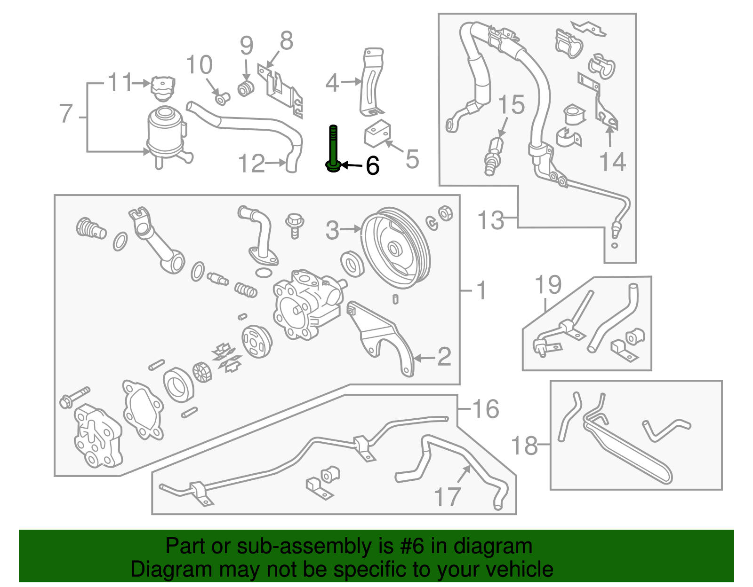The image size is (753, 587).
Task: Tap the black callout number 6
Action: point(372,166)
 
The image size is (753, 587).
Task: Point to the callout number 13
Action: point(490,220)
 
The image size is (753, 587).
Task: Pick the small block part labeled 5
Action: point(377,133)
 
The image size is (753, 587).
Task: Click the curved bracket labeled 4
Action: point(371,82)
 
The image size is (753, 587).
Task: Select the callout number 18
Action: point(524,445)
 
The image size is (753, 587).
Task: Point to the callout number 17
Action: point(447,497)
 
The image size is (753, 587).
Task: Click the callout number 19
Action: point(548,285)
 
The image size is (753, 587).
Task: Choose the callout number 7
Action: point(66,113)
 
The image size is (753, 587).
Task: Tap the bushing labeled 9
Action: point(245,88)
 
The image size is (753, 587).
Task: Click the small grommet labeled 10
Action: point(222,98)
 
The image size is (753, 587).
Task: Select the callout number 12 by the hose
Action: point(252,164)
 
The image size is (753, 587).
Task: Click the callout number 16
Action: point(485,408)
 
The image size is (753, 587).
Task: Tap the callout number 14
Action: point(612,162)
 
